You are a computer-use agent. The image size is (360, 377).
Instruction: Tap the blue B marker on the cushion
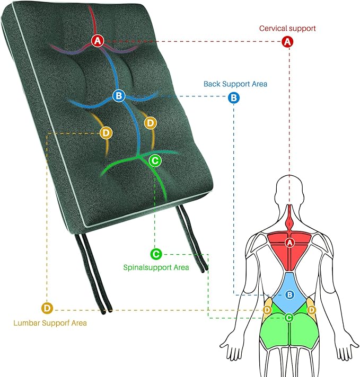point(118,96)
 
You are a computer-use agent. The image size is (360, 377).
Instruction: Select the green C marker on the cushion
point(154,159)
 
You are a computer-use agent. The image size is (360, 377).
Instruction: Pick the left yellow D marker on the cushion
point(106,132)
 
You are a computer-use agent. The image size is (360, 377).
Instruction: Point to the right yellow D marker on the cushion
point(151,123)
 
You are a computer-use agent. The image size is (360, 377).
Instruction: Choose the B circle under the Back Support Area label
point(234,98)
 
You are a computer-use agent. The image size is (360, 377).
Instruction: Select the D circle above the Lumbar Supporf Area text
point(47,308)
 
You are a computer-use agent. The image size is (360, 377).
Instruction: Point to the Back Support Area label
point(235,84)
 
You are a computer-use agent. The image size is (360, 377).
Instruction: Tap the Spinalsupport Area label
point(156,267)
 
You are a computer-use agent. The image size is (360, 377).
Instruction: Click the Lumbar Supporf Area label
point(51,322)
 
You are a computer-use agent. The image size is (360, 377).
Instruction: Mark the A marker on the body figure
point(289,243)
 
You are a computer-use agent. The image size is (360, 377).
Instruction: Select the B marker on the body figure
point(289,295)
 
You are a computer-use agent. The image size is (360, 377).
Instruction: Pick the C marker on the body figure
point(289,318)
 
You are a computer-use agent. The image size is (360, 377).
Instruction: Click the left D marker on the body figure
point(268,309)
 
